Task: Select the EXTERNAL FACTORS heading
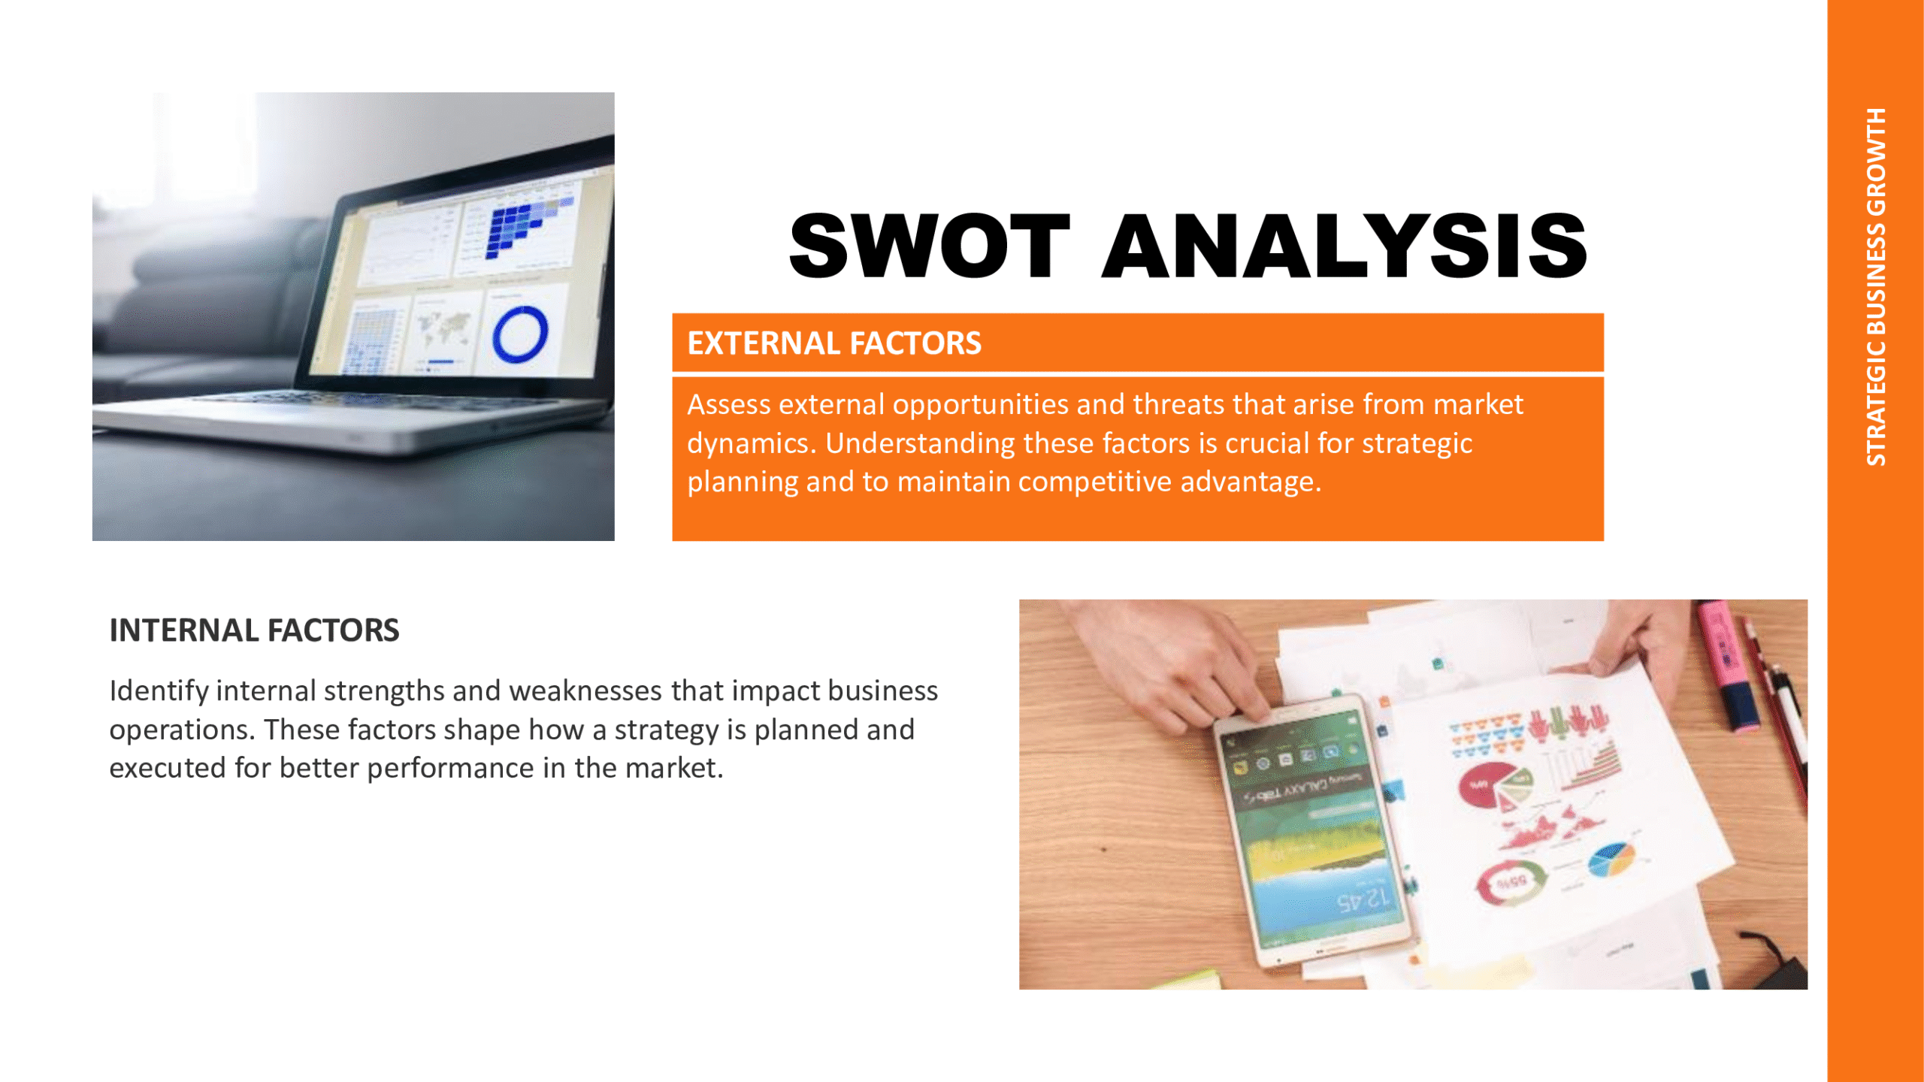click(x=834, y=343)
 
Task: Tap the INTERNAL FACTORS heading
click(x=254, y=630)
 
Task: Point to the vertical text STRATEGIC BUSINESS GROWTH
click(x=1876, y=286)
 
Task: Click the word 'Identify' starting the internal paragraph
click(x=159, y=691)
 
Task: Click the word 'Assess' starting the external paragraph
click(x=729, y=404)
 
